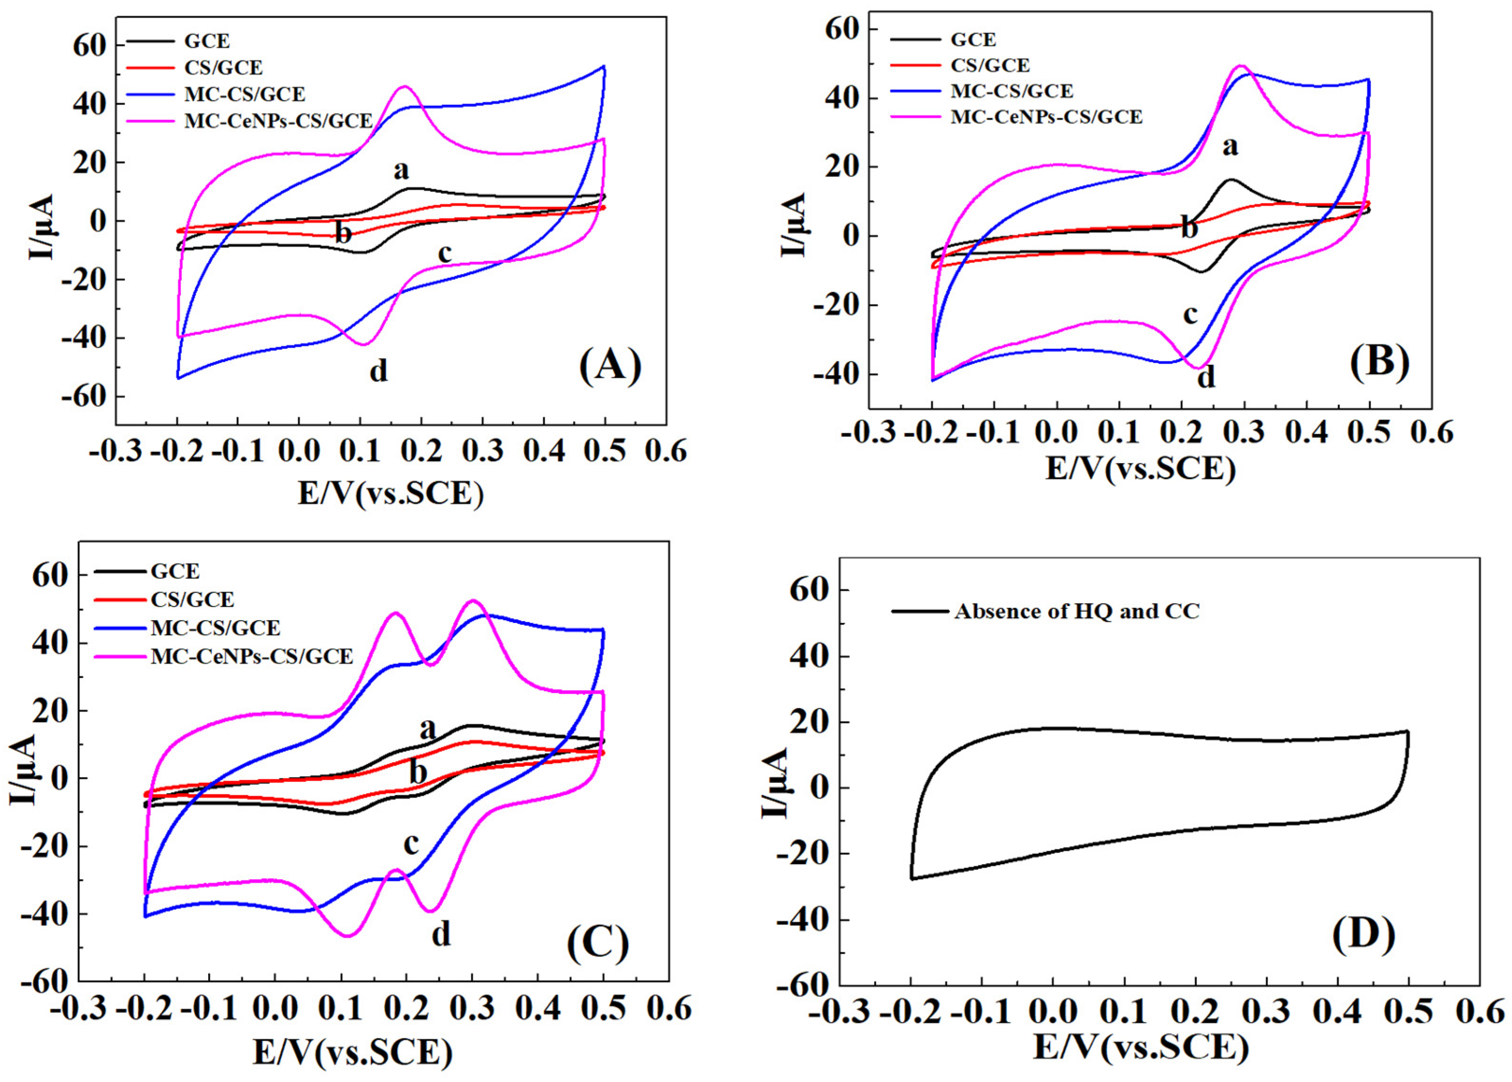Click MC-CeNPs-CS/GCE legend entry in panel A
(278, 121)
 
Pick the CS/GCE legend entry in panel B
(989, 65)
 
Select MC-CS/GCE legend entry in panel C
(215, 628)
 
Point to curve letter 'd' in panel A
(379, 371)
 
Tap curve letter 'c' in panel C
(411, 844)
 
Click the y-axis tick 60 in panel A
(89, 45)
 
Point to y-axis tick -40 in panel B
(836, 375)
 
